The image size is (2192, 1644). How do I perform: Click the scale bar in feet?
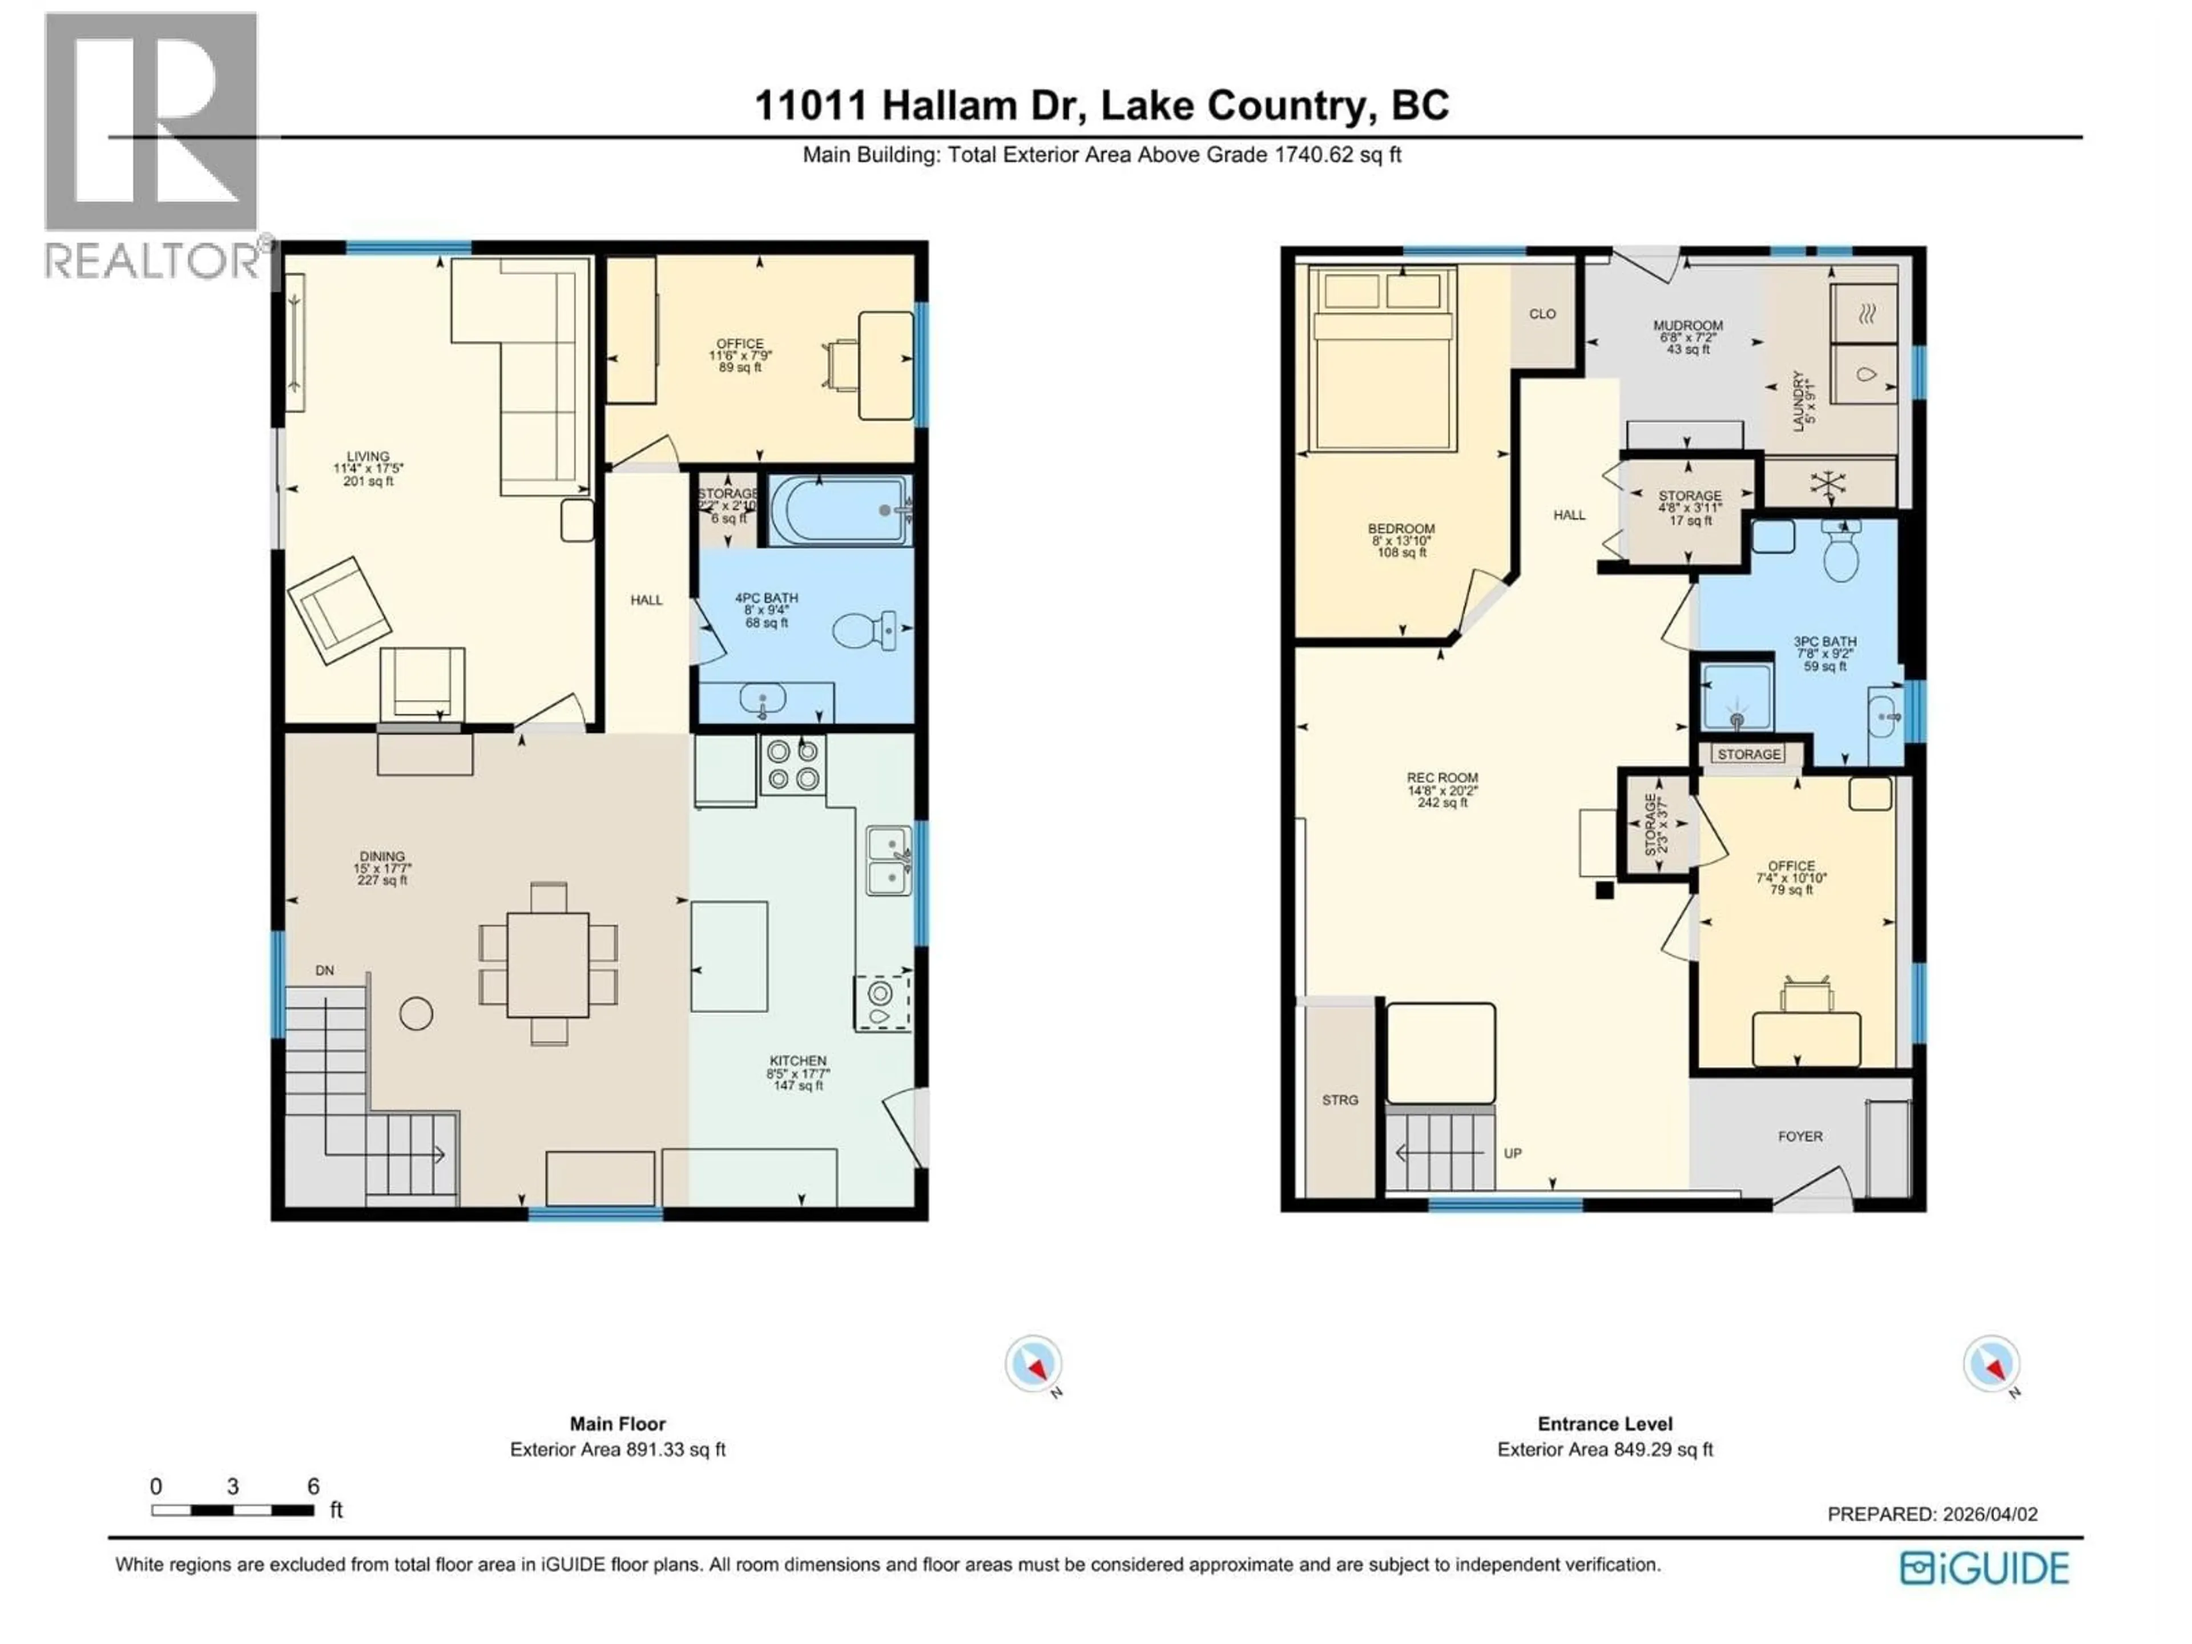click(x=233, y=1510)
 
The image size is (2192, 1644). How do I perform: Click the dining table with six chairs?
click(x=548, y=963)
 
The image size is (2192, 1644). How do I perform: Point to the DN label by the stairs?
click(x=325, y=970)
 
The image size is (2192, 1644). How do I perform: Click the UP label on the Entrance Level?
click(x=1512, y=1153)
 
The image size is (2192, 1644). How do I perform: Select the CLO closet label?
click(x=1542, y=314)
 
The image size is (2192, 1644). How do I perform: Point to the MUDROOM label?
click(x=1687, y=325)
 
